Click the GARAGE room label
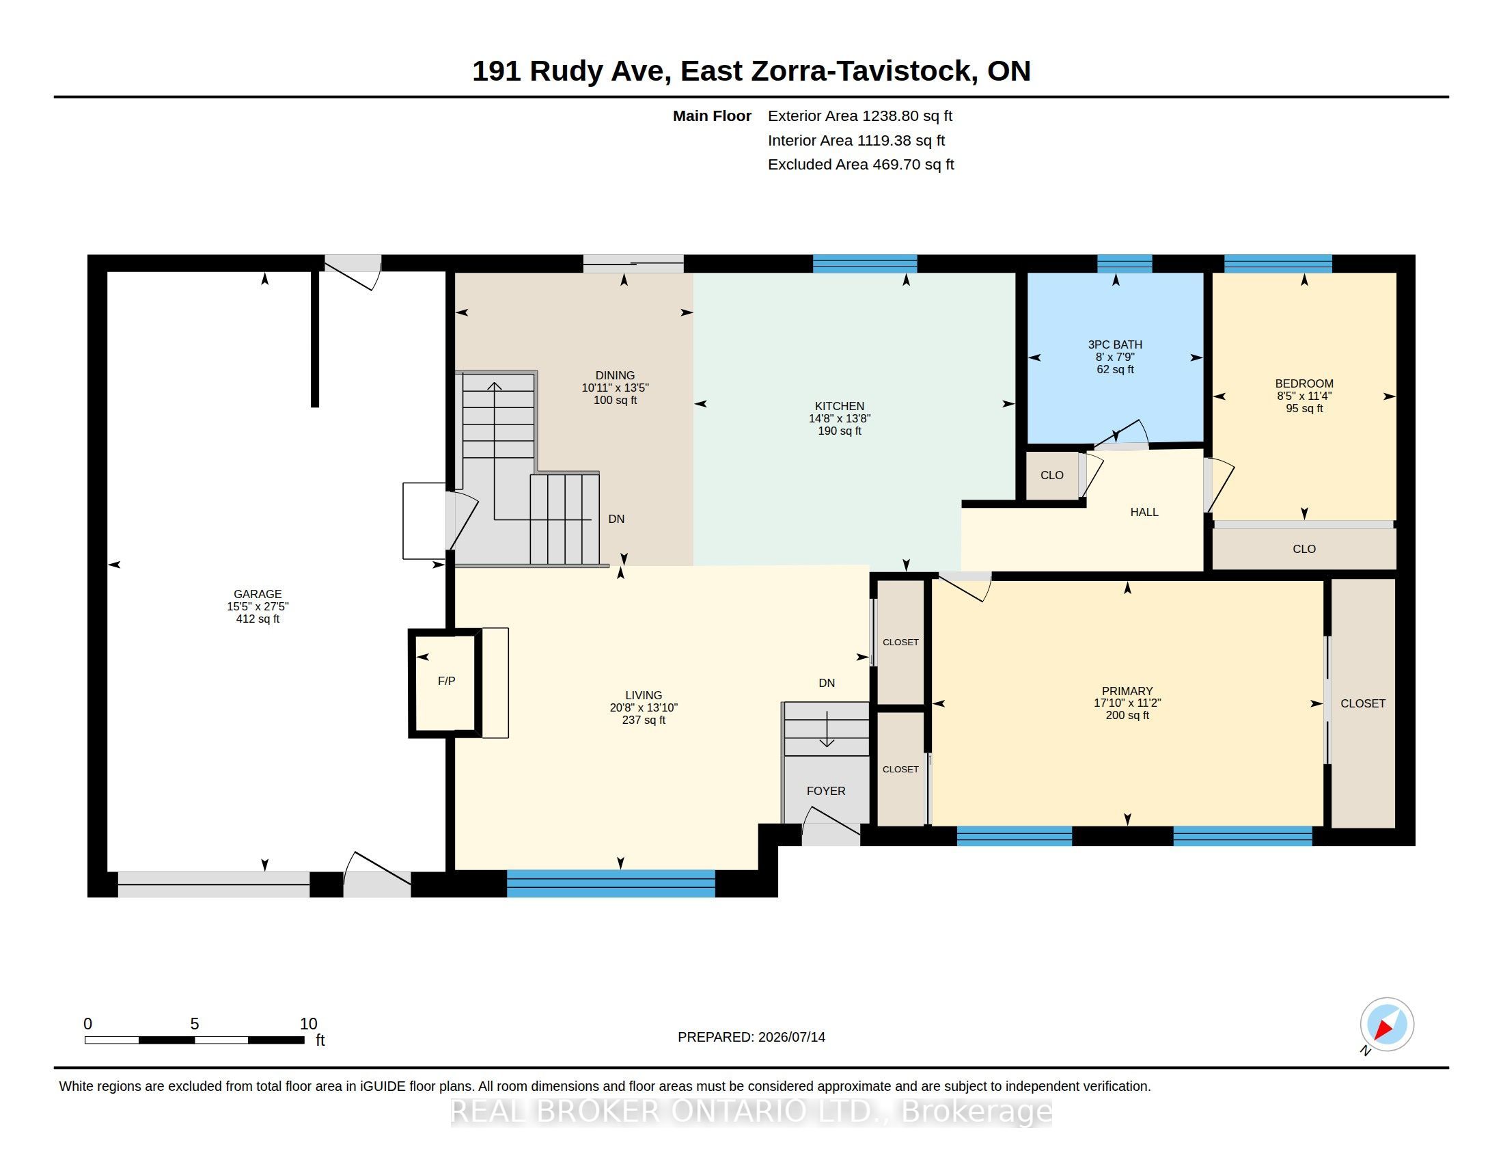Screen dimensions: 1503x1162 [x=258, y=594]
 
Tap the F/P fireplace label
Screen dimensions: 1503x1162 [x=447, y=681]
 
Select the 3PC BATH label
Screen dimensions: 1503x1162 [x=1115, y=345]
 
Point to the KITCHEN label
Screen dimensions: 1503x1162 [x=840, y=406]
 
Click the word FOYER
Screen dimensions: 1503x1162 [x=826, y=791]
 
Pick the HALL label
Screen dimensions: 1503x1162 [x=1144, y=512]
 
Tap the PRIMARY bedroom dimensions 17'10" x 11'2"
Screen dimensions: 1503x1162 [x=1127, y=703]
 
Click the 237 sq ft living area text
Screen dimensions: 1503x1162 [x=644, y=720]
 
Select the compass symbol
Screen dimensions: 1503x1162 [x=1387, y=1025]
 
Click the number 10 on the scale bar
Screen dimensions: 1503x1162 [x=308, y=1024]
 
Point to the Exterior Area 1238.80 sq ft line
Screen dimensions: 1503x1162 [x=860, y=116]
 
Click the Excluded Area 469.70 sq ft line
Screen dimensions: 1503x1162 [x=861, y=165]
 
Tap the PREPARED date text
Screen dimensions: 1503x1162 [x=751, y=1037]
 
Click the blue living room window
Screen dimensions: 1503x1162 [x=611, y=883]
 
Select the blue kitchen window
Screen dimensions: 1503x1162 [x=865, y=264]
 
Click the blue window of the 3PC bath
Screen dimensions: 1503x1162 [x=1125, y=264]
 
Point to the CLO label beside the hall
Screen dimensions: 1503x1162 [x=1051, y=475]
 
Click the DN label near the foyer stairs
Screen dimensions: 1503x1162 [x=827, y=683]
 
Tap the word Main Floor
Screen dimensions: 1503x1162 [x=713, y=116]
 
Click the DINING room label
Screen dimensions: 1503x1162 [x=616, y=376]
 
